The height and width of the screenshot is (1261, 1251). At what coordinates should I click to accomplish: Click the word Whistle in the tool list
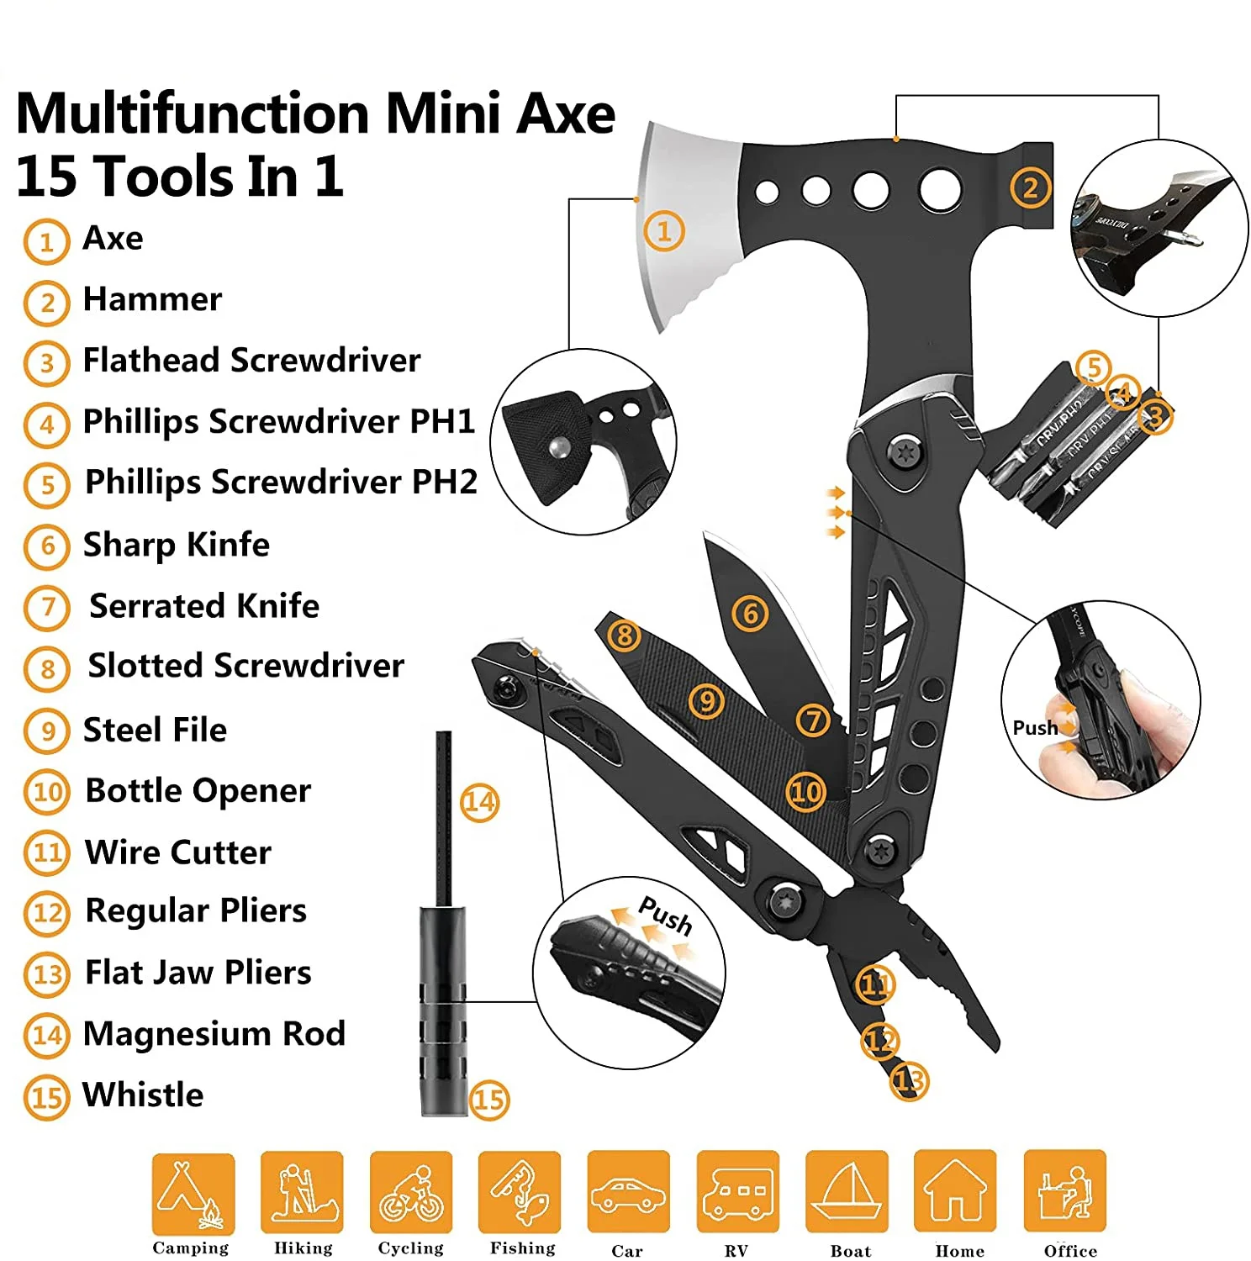click(x=143, y=1095)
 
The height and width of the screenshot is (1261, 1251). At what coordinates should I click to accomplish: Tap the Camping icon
click(x=193, y=1193)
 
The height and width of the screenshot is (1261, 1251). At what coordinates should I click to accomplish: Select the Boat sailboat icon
click(x=847, y=1193)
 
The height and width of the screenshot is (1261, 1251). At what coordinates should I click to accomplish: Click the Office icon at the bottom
click(x=1064, y=1193)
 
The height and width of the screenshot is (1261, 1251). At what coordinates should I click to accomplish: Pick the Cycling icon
click(x=411, y=1193)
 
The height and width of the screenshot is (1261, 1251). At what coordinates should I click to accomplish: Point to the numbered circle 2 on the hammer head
click(x=1031, y=187)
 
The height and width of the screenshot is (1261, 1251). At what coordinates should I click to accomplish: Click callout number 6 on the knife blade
click(x=750, y=614)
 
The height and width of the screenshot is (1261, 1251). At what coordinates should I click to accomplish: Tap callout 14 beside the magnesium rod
click(x=479, y=802)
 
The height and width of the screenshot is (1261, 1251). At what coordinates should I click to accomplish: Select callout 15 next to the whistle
click(x=489, y=1100)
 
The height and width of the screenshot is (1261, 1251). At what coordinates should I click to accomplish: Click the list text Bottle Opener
click(x=198, y=791)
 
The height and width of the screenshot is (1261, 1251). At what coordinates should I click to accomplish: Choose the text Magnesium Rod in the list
click(x=214, y=1034)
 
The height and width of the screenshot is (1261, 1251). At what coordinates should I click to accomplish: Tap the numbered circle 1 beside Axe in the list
click(x=46, y=242)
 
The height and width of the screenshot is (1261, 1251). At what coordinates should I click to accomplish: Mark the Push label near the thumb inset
click(x=1035, y=728)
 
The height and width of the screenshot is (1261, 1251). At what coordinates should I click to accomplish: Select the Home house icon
click(x=955, y=1193)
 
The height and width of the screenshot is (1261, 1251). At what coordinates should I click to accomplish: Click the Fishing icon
click(x=520, y=1193)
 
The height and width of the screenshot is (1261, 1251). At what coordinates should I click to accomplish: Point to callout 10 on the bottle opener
click(x=805, y=791)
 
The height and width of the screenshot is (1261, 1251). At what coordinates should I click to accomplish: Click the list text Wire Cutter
click(x=178, y=852)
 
